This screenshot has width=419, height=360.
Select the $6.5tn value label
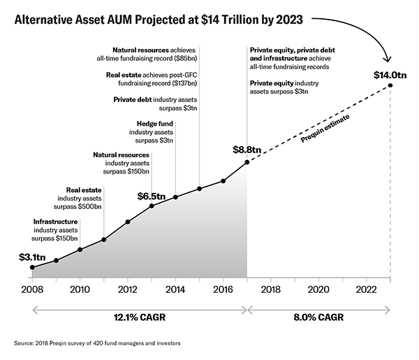tap(151, 196)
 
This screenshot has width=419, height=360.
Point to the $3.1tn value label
tap(31, 257)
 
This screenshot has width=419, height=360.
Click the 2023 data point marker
tap(390, 86)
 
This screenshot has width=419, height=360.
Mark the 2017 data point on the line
tap(247, 163)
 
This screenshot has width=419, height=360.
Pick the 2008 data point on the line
tap(32, 267)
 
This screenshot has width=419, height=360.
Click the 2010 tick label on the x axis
tap(80, 289)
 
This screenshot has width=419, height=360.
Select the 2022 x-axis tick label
tap(366, 289)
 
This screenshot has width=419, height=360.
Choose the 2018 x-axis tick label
tap(271, 289)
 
